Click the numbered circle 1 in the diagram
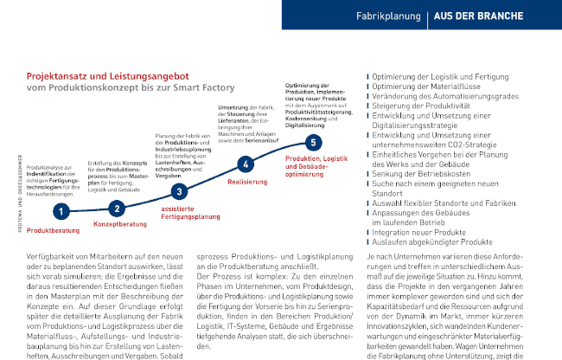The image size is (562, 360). point(61,210)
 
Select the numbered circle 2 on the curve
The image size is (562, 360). point(118,207)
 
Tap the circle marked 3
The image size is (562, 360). point(178,192)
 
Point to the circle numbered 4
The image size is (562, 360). point(246,164)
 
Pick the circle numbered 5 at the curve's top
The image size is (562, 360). point(314,142)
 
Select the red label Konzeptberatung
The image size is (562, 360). point(119,224)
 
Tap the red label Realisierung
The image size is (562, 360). point(246,183)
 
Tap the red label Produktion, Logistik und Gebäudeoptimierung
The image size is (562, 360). point(315,165)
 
